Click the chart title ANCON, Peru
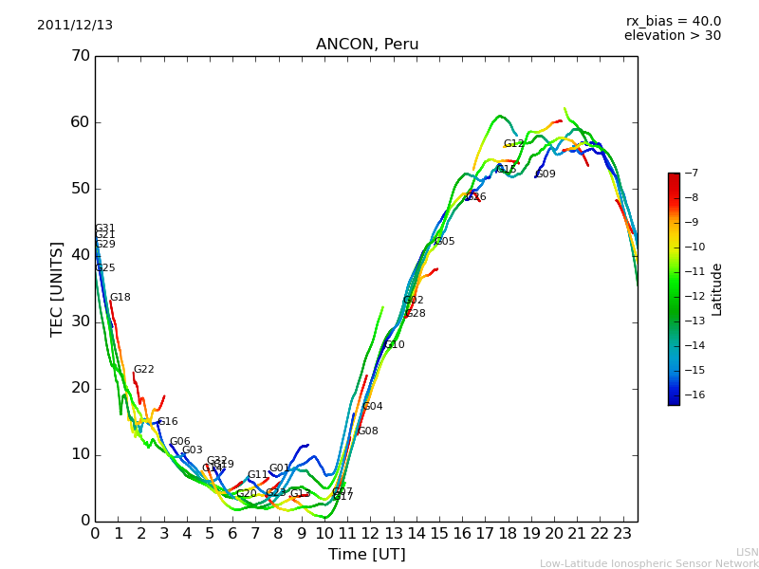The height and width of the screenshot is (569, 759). [367, 45]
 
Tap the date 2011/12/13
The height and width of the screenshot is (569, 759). [75, 26]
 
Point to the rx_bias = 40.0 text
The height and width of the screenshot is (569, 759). [673, 22]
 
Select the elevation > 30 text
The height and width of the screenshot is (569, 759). [673, 36]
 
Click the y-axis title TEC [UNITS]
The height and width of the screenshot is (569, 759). [57, 288]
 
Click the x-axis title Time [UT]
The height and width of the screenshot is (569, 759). [366, 555]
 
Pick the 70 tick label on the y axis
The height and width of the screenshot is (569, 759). [80, 56]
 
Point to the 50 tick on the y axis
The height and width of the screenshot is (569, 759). [80, 189]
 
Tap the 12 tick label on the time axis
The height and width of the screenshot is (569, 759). [371, 533]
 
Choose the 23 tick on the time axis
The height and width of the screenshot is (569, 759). [623, 533]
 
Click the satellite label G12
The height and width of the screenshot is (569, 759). [514, 144]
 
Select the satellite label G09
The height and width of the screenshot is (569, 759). [546, 174]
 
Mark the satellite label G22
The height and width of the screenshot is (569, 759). [143, 370]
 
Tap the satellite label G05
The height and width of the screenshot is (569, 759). [444, 242]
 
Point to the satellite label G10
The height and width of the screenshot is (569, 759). [395, 345]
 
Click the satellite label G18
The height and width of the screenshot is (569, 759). [120, 298]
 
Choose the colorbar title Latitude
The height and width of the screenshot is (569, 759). [717, 289]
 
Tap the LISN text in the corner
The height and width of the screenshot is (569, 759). [747, 552]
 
